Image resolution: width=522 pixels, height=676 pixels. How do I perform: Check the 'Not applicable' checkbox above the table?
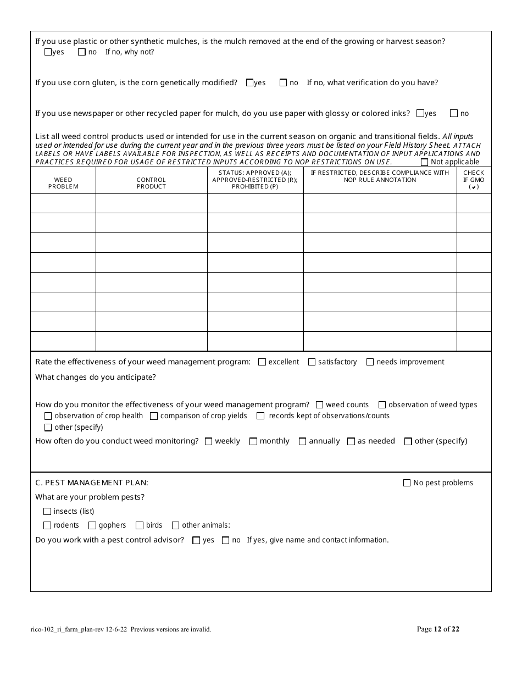pyautogui.click(x=424, y=162)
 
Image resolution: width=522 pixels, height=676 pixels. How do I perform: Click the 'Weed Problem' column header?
pyautogui.click(x=63, y=183)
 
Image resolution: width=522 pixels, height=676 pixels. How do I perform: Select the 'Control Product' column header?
pyautogui.click(x=151, y=183)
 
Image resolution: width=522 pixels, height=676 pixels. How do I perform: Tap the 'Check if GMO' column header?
pyautogui.click(x=474, y=180)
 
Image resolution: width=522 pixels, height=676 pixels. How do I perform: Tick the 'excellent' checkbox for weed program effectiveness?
pyautogui.click(x=262, y=362)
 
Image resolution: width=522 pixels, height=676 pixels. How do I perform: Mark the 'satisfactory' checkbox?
pyautogui.click(x=312, y=362)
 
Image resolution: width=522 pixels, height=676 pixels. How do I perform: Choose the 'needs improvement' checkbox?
pyautogui.click(x=370, y=362)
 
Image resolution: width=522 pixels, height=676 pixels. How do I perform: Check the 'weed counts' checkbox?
pyautogui.click(x=320, y=405)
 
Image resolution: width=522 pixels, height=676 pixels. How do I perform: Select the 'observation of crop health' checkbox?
pyautogui.click(x=48, y=416)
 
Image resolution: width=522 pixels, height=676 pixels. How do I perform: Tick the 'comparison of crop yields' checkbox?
pyautogui.click(x=154, y=416)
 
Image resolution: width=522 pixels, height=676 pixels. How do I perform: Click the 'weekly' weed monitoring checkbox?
pyautogui.click(x=208, y=441)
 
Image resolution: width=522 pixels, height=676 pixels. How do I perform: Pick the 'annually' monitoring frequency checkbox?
pyautogui.click(x=302, y=441)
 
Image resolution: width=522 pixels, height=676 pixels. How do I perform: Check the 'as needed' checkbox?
pyautogui.click(x=351, y=441)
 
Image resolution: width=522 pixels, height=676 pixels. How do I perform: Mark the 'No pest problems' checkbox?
pyautogui.click(x=407, y=483)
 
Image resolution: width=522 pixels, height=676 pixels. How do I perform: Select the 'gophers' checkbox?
pyautogui.click(x=92, y=525)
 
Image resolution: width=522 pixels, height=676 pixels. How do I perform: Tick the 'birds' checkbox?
pyautogui.click(x=140, y=525)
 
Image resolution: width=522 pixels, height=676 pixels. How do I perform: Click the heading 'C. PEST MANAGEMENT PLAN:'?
pyautogui.click(x=92, y=483)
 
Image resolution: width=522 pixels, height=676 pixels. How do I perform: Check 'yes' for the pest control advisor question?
pyautogui.click(x=196, y=540)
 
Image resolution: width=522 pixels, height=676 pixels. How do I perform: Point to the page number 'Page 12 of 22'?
pyautogui.click(x=438, y=629)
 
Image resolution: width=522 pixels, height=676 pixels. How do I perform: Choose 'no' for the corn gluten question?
pyautogui.click(x=284, y=83)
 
